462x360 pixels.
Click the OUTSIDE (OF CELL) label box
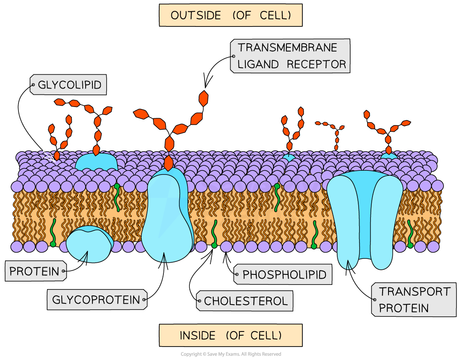[x=231, y=16]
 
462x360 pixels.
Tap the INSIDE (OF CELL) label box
[x=231, y=335]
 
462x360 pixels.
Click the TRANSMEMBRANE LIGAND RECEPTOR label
[x=291, y=56]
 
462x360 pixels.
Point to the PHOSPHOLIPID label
[x=283, y=275]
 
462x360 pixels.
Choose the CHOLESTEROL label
[x=245, y=301]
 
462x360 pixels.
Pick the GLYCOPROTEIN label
[x=97, y=300]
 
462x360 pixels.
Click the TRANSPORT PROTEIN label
[x=414, y=300]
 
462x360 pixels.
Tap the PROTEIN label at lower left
[x=35, y=271]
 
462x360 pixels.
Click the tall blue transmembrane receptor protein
[x=167, y=214]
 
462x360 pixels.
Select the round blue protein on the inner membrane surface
[x=89, y=244]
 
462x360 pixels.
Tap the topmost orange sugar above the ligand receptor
[x=203, y=98]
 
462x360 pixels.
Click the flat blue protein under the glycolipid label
[x=96, y=162]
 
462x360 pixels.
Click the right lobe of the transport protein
[x=387, y=218]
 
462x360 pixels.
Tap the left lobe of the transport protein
[x=342, y=218]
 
